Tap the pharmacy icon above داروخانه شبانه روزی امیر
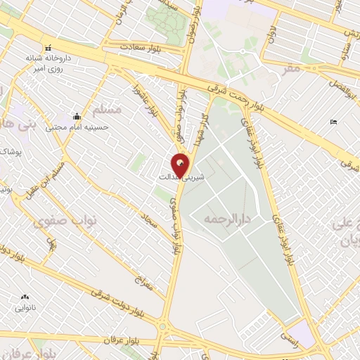(x=47, y=48)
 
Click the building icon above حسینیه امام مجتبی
(x=76, y=116)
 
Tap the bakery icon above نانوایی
(x=26, y=297)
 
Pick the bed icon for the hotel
(x=333, y=123)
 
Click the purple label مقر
(x=288, y=68)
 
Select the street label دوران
(x=270, y=32)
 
